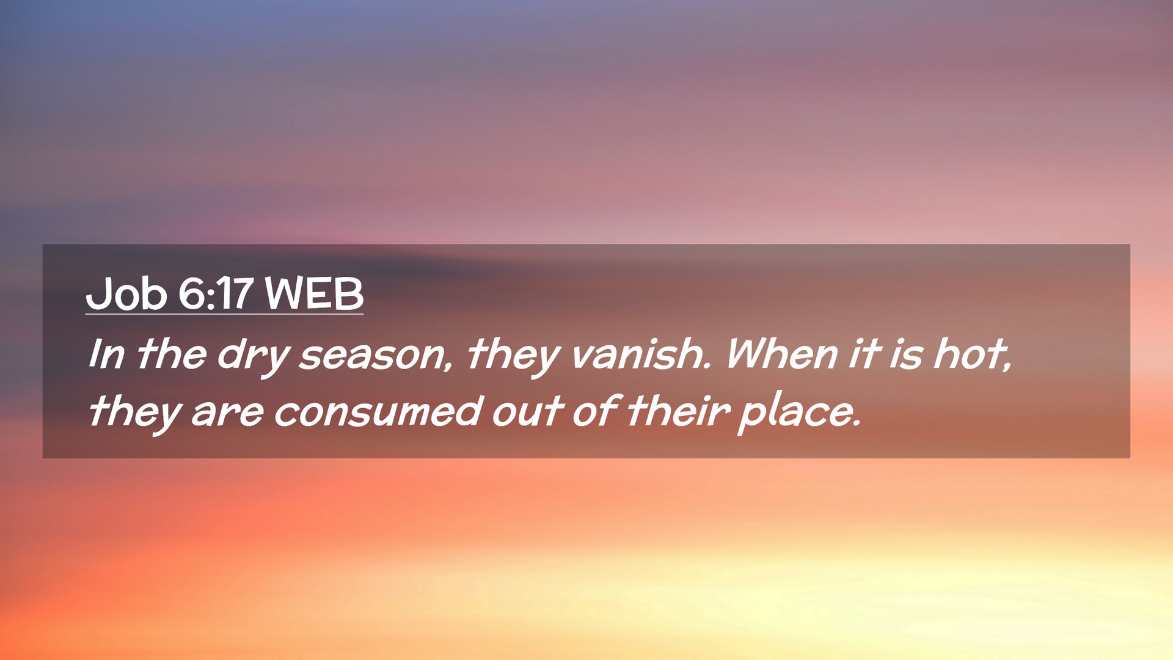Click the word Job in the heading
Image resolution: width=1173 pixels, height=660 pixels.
click(126, 294)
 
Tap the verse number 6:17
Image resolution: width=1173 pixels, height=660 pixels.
click(215, 294)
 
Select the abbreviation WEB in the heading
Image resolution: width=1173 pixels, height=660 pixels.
click(314, 294)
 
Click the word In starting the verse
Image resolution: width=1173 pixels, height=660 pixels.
click(106, 354)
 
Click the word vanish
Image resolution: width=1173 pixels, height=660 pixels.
click(641, 354)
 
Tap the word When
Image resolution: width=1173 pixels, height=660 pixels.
click(781, 354)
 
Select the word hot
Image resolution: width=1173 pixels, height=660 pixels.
click(972, 354)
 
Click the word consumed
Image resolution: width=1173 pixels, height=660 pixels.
click(378, 411)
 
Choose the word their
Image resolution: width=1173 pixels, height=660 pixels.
click(678, 411)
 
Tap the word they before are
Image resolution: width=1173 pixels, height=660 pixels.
click(135, 413)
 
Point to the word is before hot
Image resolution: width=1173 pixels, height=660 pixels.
click(905, 354)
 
